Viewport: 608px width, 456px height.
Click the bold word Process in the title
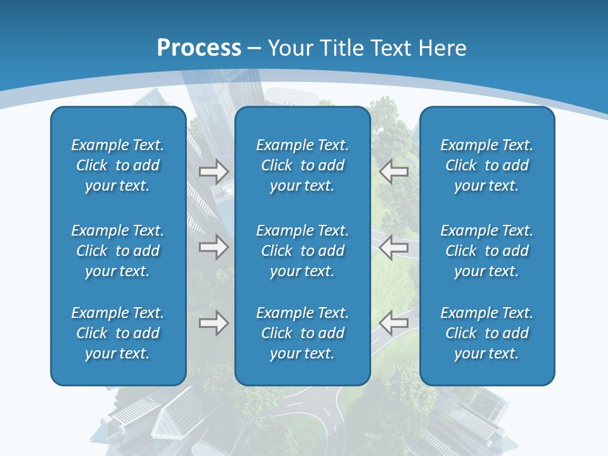click(199, 48)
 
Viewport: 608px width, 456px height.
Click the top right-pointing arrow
click(213, 171)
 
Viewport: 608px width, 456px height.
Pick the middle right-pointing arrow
click(213, 247)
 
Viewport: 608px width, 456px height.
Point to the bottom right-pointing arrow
click(213, 324)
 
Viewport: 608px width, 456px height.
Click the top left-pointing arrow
click(394, 171)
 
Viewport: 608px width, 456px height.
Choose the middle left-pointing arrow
click(394, 247)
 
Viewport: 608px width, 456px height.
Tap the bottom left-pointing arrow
click(394, 324)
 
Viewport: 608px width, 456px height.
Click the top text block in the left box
click(118, 165)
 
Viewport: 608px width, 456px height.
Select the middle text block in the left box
click(118, 251)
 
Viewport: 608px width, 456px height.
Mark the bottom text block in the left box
click(118, 333)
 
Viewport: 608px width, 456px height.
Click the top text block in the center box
click(302, 165)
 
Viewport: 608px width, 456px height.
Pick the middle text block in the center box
click(302, 251)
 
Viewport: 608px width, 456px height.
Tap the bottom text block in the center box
click(302, 333)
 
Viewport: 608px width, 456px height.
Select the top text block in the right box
click(486, 165)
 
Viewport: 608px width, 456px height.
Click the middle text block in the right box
click(486, 251)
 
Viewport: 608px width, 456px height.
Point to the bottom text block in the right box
click(486, 333)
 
